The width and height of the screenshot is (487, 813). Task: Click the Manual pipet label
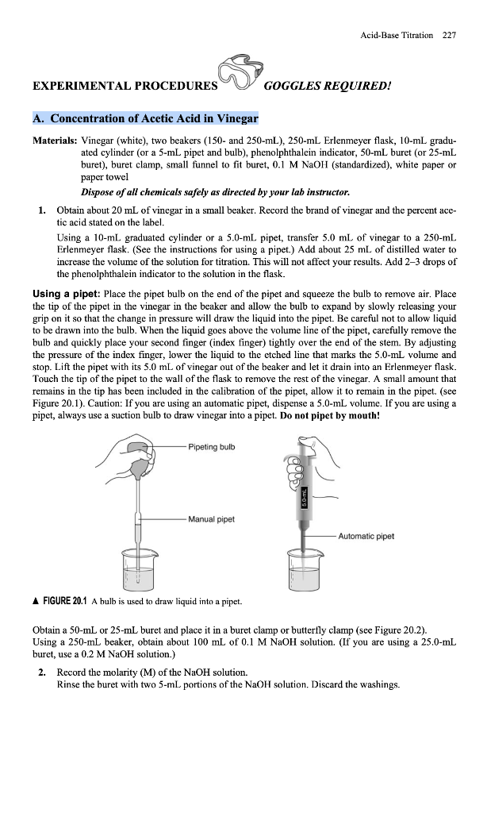tap(211, 520)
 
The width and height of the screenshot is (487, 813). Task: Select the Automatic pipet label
tap(366, 535)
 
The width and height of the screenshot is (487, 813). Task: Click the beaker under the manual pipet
tap(139, 569)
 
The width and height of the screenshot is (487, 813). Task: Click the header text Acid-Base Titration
tap(397, 35)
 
